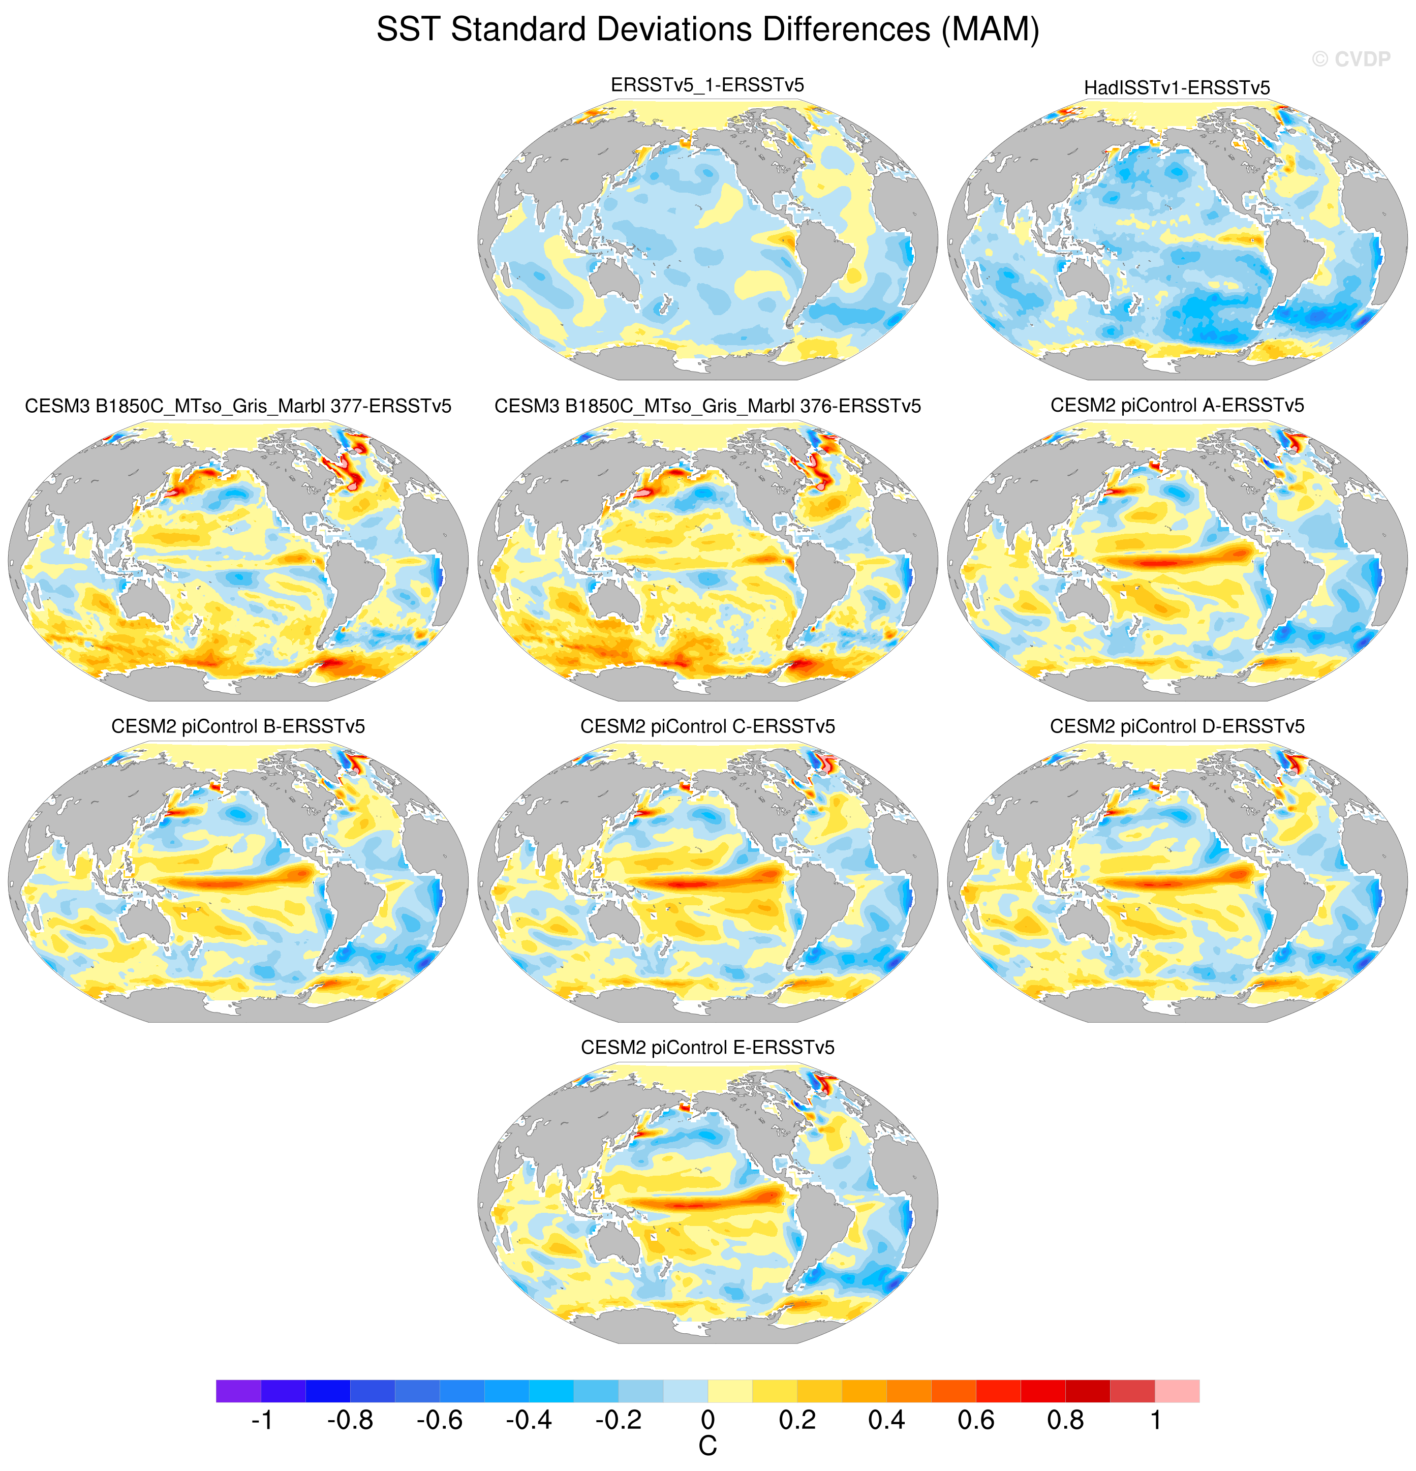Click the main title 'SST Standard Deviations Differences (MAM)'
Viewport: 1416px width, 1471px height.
pyautogui.click(x=707, y=30)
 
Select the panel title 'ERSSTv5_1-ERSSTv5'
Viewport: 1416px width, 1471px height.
pyautogui.click(x=707, y=85)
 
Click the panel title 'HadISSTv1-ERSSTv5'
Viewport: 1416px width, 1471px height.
pyautogui.click(x=1177, y=88)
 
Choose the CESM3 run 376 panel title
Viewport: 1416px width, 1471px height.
pyautogui.click(x=707, y=406)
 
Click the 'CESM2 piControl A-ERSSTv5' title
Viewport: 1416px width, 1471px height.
pyautogui.click(x=1177, y=405)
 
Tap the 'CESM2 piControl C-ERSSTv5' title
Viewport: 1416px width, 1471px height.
pyautogui.click(x=707, y=726)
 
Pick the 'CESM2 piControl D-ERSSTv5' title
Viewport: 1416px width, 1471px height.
pyautogui.click(x=1177, y=726)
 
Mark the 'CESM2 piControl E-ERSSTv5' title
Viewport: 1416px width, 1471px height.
pyautogui.click(x=707, y=1048)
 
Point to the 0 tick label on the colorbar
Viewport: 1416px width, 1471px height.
pyautogui.click(x=707, y=1420)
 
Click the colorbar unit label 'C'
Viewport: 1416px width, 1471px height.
pyautogui.click(x=707, y=1446)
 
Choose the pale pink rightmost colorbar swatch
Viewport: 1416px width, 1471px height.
pyautogui.click(x=1177, y=1391)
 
